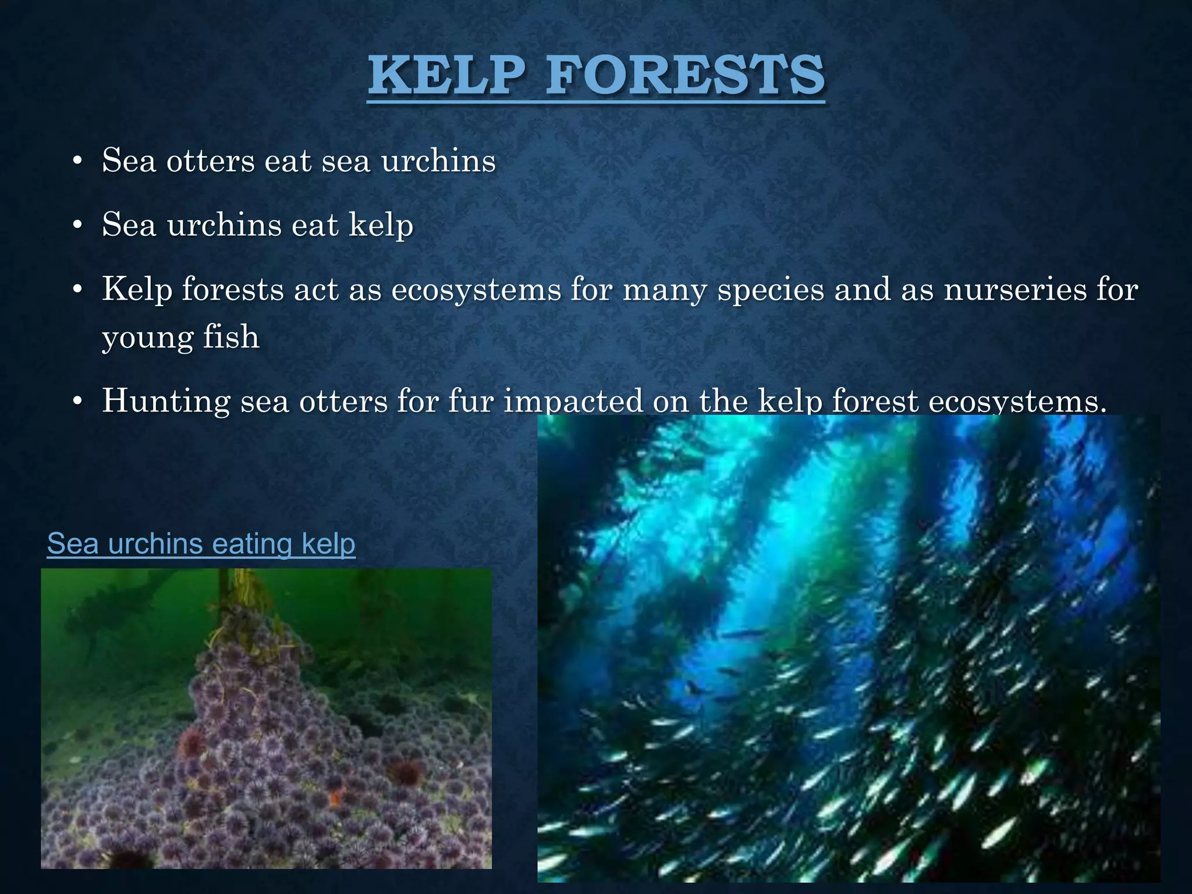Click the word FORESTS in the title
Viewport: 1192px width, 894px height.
(x=686, y=76)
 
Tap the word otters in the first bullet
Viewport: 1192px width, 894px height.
(x=210, y=161)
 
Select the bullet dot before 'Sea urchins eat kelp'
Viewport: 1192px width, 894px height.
(x=77, y=226)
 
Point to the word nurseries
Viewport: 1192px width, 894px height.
(x=1015, y=289)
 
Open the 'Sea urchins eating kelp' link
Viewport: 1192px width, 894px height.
(x=201, y=544)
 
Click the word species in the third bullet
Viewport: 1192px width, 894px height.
(x=770, y=289)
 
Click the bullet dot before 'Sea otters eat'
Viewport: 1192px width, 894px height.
(x=77, y=162)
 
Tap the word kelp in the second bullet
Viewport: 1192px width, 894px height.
(x=381, y=225)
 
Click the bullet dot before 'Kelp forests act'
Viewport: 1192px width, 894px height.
(x=77, y=290)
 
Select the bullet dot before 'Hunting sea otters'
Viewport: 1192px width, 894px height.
(x=77, y=402)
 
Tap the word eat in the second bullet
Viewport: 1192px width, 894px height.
(x=315, y=225)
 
